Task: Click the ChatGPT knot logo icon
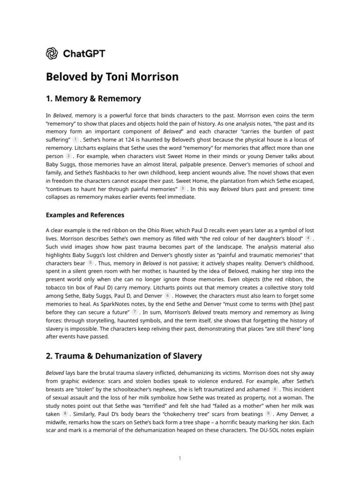tap(52, 53)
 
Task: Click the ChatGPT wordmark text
tap(84, 53)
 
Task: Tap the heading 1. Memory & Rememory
tap(93, 99)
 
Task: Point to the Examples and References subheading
tap(85, 215)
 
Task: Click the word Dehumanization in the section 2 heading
tap(123, 356)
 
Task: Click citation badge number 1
tap(75, 140)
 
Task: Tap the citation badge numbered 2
tap(69, 156)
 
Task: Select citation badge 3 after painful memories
tap(182, 188)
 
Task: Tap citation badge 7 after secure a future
tap(135, 312)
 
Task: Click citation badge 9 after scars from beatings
tap(268, 413)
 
